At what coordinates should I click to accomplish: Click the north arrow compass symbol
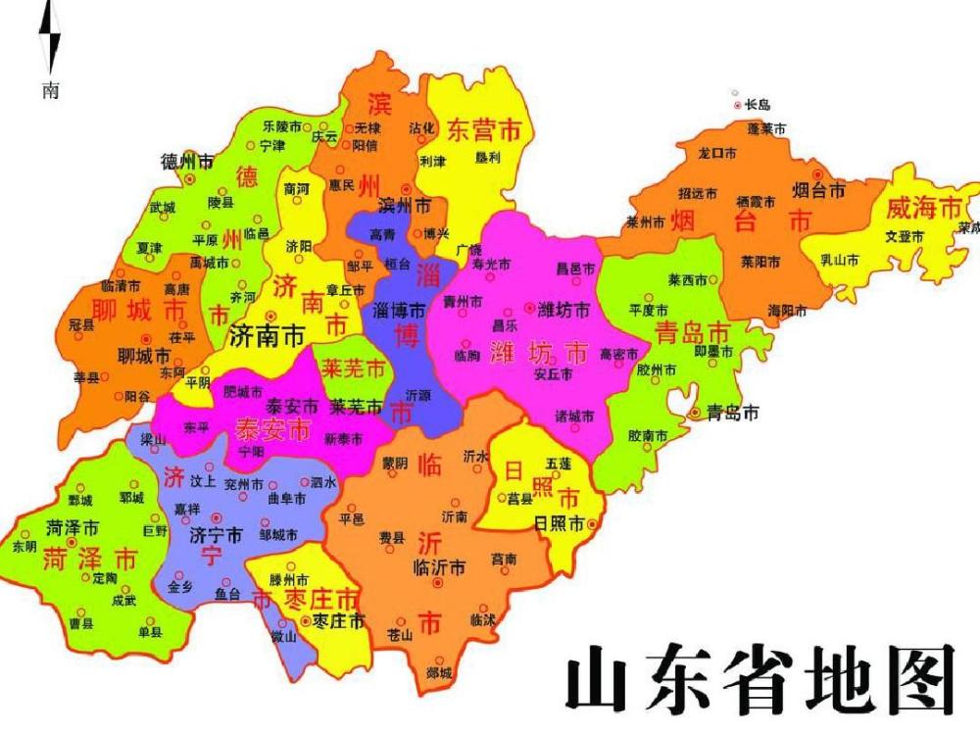(50, 44)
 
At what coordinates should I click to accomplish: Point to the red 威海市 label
(923, 207)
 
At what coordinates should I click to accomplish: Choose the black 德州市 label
(186, 161)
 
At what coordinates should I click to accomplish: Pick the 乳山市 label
(839, 261)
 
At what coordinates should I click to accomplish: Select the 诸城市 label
(574, 416)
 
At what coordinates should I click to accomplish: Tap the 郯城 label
(439, 673)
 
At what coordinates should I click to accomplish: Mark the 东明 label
(24, 547)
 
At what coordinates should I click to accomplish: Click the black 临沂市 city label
(439, 566)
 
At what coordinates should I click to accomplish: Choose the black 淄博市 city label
(400, 309)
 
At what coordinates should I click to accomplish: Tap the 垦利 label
(487, 157)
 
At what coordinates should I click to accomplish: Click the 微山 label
(285, 637)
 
